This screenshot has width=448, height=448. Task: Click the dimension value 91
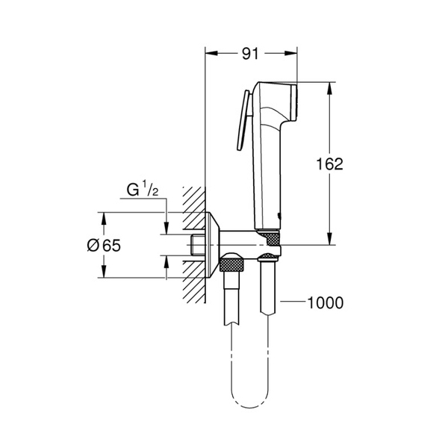251,54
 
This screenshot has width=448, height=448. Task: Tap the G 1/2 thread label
141,192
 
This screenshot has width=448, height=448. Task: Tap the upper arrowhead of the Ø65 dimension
104,217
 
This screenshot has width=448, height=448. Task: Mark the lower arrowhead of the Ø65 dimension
104,273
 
